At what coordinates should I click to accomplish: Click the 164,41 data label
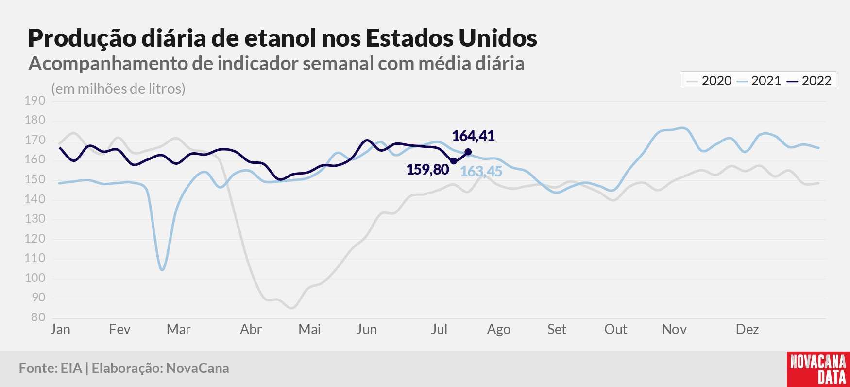pos(473,136)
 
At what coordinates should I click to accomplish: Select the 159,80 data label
pos(427,170)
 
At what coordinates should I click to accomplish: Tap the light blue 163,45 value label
pos(481,172)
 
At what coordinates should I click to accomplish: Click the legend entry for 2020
pos(710,81)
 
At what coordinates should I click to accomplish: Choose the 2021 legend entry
pos(759,81)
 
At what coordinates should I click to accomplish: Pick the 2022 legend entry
pos(809,81)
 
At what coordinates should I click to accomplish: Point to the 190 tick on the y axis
pos(35,101)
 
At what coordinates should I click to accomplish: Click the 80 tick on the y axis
pos(38,317)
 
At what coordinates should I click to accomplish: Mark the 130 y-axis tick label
pos(35,219)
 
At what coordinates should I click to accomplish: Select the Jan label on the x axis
pos(60,330)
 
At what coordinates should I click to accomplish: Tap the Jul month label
pos(439,330)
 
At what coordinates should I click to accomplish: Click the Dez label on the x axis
pos(747,330)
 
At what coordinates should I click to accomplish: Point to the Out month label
pos(615,330)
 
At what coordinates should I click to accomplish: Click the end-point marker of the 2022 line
pos(468,152)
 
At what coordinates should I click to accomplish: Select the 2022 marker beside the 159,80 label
pos(454,161)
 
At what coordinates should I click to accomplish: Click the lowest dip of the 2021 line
pos(162,270)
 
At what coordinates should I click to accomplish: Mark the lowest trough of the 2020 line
pos(291,308)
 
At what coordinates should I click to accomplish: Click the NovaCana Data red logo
pos(818,369)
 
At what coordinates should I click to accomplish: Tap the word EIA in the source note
pos(71,368)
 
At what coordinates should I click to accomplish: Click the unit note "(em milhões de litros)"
pos(118,89)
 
